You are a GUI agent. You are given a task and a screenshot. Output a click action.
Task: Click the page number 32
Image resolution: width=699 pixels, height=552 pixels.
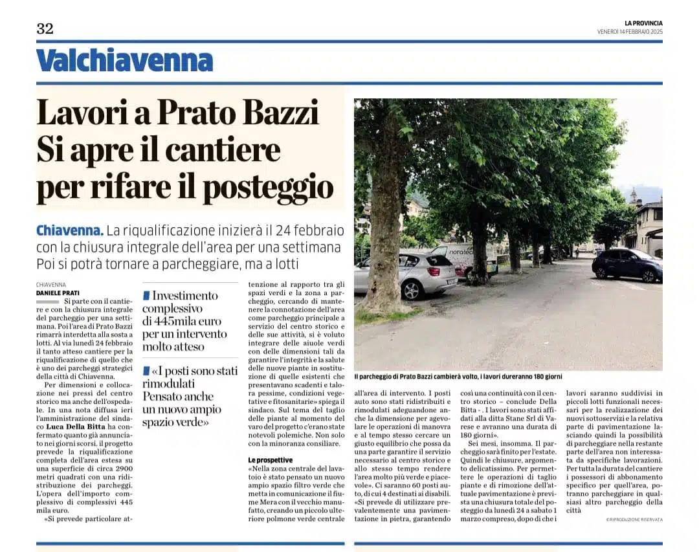(x=45, y=28)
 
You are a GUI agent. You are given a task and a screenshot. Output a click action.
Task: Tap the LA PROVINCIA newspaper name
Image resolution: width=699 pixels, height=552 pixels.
(x=643, y=23)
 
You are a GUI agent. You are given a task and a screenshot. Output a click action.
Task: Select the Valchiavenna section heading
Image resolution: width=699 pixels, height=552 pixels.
(x=124, y=61)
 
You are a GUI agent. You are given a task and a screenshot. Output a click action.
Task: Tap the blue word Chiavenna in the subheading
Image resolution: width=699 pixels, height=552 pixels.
(x=69, y=230)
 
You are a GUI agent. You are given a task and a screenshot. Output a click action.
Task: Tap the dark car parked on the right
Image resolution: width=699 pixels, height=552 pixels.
(x=627, y=264)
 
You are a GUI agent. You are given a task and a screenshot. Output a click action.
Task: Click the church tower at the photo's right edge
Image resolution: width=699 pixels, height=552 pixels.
(x=633, y=196)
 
